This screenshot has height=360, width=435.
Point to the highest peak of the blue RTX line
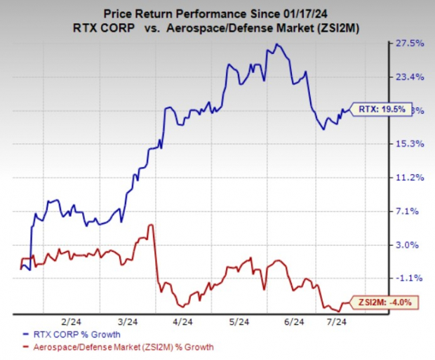(x=278, y=45)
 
